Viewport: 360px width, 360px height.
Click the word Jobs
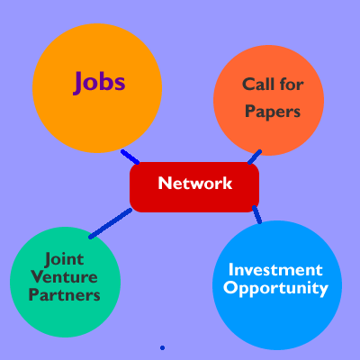point(99,83)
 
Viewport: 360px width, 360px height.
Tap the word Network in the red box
point(195,183)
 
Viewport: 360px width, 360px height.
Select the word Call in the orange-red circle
point(258,85)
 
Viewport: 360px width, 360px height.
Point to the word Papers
point(273,112)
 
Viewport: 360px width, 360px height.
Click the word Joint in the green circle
point(64,260)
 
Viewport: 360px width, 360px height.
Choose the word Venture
point(65,277)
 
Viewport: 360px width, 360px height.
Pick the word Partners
point(65,295)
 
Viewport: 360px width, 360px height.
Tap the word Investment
point(275,269)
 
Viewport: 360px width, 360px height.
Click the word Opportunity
point(275,288)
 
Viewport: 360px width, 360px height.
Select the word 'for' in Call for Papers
point(292,85)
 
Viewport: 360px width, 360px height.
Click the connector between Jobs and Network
point(130,157)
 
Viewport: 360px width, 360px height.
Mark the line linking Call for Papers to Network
point(255,157)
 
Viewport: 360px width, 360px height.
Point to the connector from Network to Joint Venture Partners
point(111,223)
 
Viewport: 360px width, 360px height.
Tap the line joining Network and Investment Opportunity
point(256,214)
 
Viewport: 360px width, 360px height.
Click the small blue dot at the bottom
point(162,347)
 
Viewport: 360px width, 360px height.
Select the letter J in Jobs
point(78,83)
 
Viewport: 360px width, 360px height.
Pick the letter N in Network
point(164,183)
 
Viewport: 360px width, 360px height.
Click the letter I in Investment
point(230,269)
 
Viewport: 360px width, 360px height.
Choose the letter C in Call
point(248,85)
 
